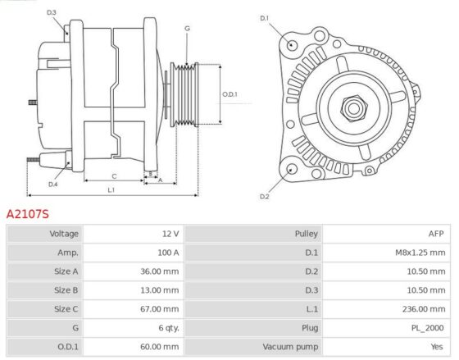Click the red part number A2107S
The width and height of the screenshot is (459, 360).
[x=28, y=214]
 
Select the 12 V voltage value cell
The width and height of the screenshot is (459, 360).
[x=170, y=234]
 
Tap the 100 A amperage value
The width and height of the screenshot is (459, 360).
[x=168, y=253]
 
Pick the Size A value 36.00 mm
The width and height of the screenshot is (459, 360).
[x=160, y=271]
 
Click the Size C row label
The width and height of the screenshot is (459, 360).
[x=66, y=309]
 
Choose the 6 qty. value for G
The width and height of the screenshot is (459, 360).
[x=169, y=328]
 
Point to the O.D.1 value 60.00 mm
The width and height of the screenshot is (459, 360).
[x=160, y=347]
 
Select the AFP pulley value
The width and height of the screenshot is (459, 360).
[x=436, y=234]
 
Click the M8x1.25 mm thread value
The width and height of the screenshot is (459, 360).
[x=420, y=253]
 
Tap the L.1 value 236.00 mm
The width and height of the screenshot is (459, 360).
[x=424, y=309]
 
